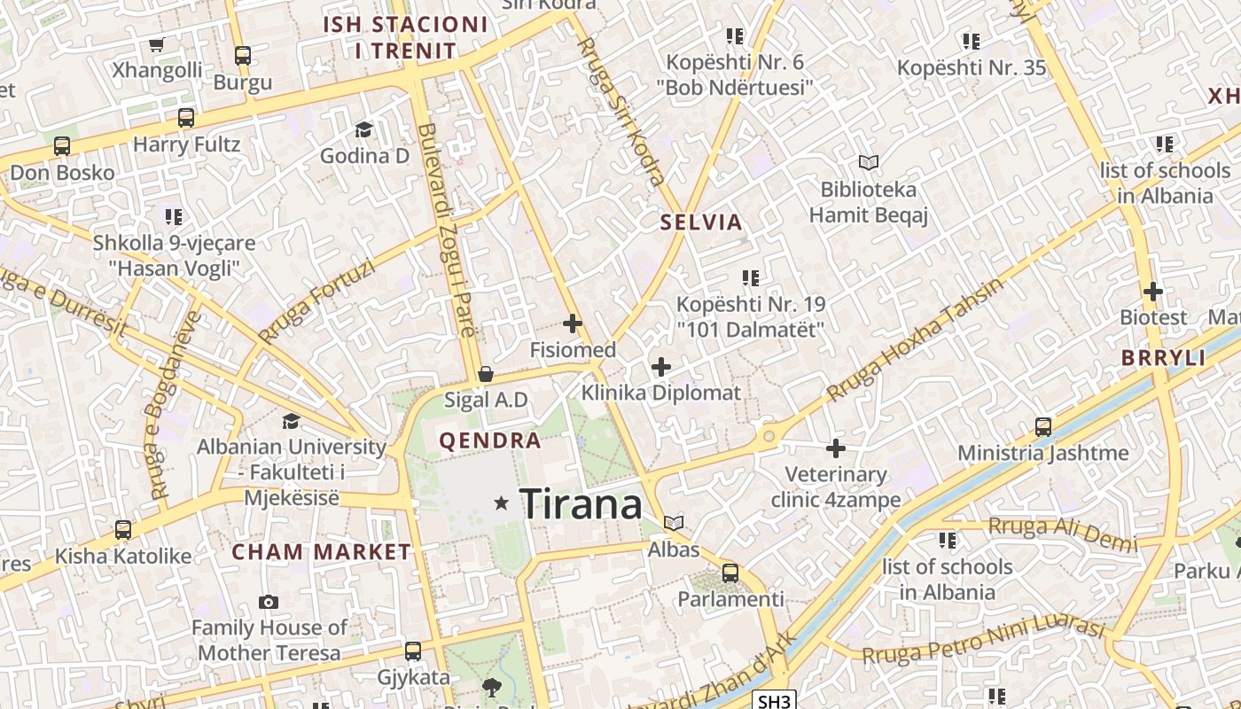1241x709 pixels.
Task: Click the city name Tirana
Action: click(x=581, y=504)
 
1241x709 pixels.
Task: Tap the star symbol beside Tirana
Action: click(x=502, y=503)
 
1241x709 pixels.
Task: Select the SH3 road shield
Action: click(x=775, y=701)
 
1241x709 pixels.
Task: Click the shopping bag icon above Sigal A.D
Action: click(x=485, y=374)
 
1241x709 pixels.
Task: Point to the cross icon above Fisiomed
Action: click(x=573, y=323)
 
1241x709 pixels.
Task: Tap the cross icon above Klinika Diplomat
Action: click(x=661, y=366)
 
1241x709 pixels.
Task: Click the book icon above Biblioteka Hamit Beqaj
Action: click(x=869, y=162)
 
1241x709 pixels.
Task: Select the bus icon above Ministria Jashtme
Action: click(x=1043, y=427)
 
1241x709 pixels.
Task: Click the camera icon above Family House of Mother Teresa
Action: click(x=269, y=603)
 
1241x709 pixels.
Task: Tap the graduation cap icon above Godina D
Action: click(x=363, y=130)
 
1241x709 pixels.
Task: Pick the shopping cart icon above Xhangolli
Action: click(x=157, y=44)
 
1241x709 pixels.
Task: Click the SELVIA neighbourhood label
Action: click(x=701, y=222)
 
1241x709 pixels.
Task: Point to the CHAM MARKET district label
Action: click(x=322, y=552)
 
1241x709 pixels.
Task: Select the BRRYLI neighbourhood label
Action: click(x=1164, y=358)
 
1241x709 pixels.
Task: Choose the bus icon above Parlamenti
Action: click(x=730, y=573)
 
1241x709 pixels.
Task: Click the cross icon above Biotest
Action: click(x=1153, y=291)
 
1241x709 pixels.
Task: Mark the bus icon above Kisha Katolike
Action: click(x=123, y=530)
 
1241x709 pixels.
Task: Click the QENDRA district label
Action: click(x=490, y=440)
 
